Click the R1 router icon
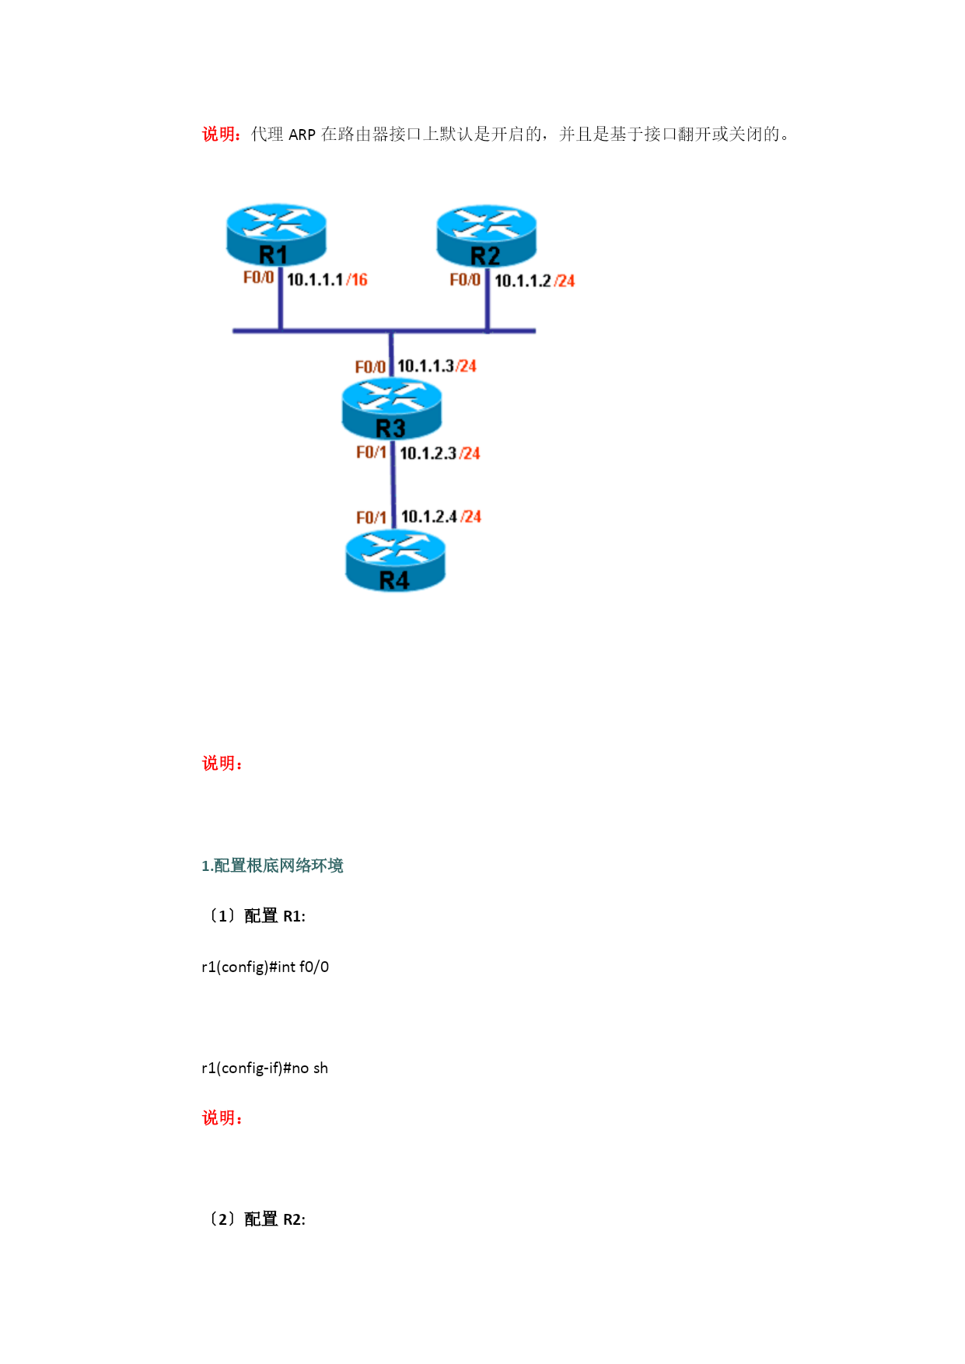click(x=276, y=235)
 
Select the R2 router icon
click(x=487, y=236)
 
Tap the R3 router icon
click(x=392, y=409)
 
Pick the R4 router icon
click(x=395, y=561)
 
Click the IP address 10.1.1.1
click(x=315, y=280)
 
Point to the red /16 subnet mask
click(x=357, y=280)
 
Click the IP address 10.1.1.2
click(x=523, y=281)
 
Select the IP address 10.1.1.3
click(x=425, y=365)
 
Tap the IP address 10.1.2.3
click(x=428, y=453)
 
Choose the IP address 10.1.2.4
click(x=429, y=516)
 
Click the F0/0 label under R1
click(x=258, y=278)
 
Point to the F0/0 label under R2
click(x=465, y=280)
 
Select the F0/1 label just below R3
click(x=371, y=453)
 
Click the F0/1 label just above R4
click(x=371, y=517)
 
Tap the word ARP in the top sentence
click(x=302, y=135)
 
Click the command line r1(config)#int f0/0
click(x=265, y=967)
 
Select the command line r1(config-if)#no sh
click(x=264, y=1068)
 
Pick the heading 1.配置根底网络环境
click(x=272, y=866)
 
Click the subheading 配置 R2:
click(x=274, y=1219)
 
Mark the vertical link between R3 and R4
click(x=393, y=485)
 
